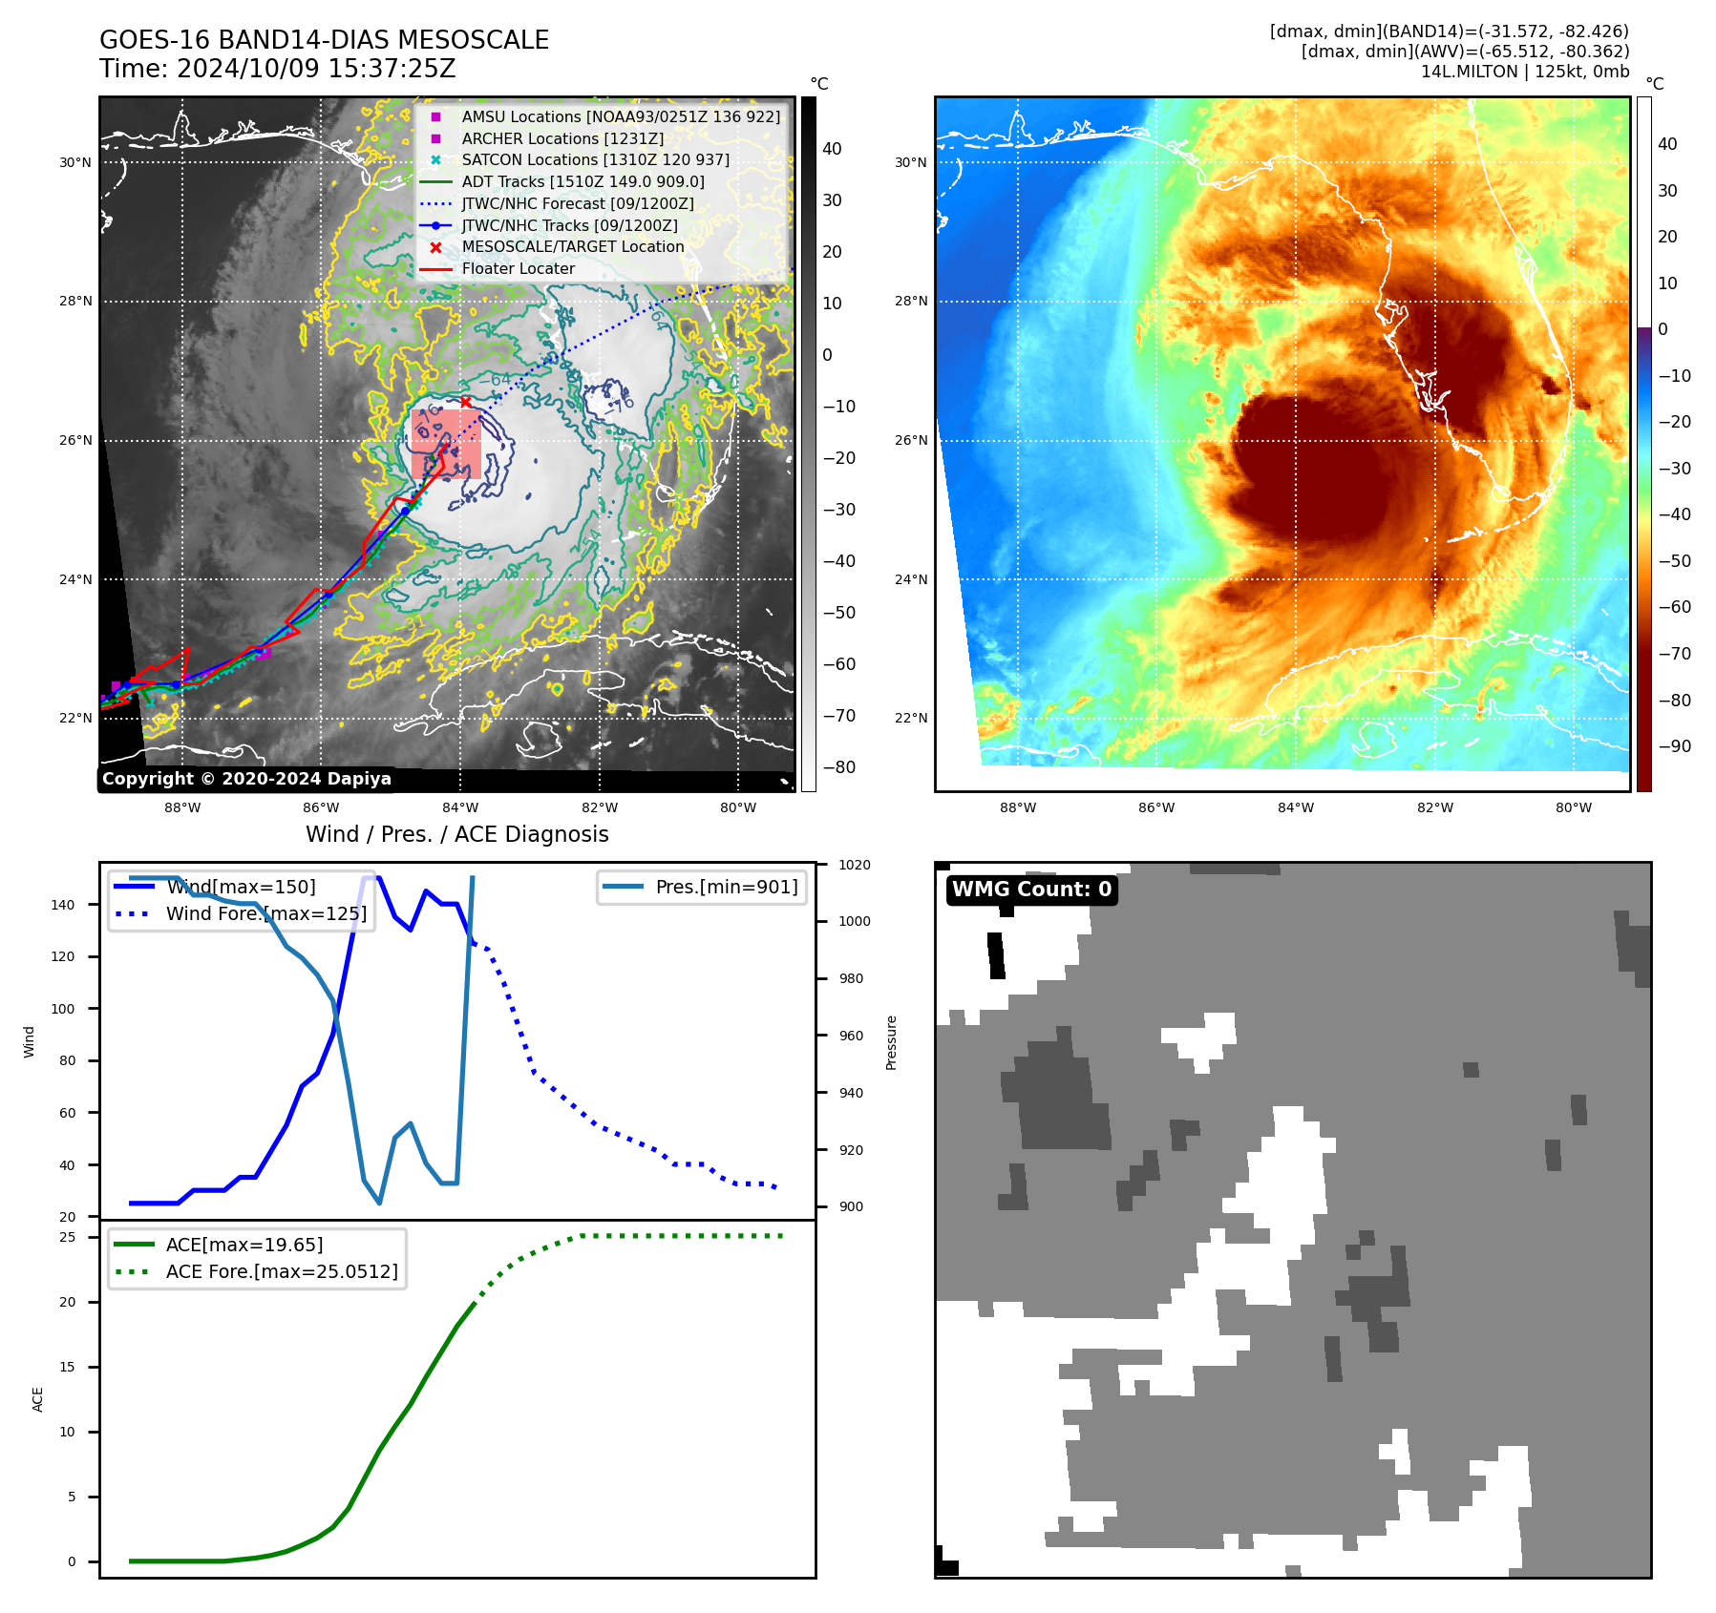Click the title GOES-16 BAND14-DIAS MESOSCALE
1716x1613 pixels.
pyautogui.click(x=324, y=40)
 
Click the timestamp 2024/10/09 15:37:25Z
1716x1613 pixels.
pyautogui.click(x=316, y=70)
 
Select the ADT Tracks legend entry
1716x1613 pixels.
pyautogui.click(x=583, y=181)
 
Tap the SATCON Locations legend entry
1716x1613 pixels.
pyautogui.click(x=595, y=159)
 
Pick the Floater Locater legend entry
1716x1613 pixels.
pyautogui.click(x=518, y=268)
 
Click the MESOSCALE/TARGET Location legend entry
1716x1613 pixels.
pyautogui.click(x=572, y=246)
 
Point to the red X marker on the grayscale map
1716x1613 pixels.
pyautogui.click(x=465, y=402)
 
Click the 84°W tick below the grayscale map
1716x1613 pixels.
pyautogui.click(x=460, y=807)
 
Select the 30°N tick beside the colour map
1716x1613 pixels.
pyautogui.click(x=910, y=162)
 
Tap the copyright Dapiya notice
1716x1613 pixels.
pyautogui.click(x=246, y=779)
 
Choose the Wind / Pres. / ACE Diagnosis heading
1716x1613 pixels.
pyautogui.click(x=456, y=834)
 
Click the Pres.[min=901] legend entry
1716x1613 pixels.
pyautogui.click(x=726, y=887)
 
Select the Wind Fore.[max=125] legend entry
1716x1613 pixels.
pyautogui.click(x=265, y=913)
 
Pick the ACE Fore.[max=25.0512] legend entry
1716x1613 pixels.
pyautogui.click(x=282, y=1271)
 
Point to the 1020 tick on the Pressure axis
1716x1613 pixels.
pyautogui.click(x=854, y=865)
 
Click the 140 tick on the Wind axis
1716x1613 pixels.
pyautogui.click(x=63, y=905)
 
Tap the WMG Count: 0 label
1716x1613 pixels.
pyautogui.click(x=1031, y=890)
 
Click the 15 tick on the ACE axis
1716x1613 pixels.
pyautogui.click(x=68, y=1367)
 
